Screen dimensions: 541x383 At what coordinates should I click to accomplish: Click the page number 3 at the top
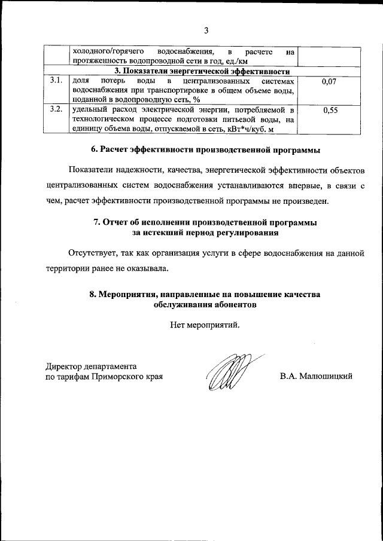pyautogui.click(x=205, y=30)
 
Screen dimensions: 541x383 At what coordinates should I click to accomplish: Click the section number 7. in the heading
pyautogui.click(x=98, y=222)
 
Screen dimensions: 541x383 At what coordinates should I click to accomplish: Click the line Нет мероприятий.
pyautogui.click(x=205, y=326)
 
